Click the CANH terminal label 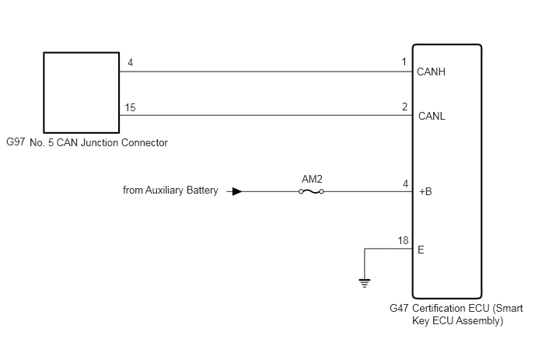click(431, 72)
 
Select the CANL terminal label click(432, 116)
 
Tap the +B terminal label click(425, 191)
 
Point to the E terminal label click(421, 250)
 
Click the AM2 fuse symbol click(311, 192)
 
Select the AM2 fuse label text click(312, 179)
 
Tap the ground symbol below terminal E click(365, 283)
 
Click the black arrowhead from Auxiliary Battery click(237, 191)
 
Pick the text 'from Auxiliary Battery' click(170, 190)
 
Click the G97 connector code click(16, 142)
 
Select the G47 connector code click(399, 308)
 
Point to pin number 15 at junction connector click(130, 107)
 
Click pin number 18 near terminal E click(403, 240)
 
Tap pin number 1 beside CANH click(404, 61)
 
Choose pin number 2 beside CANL click(404, 107)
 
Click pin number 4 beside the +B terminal click(405, 184)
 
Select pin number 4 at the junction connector click(131, 62)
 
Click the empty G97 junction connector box click(81, 93)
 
